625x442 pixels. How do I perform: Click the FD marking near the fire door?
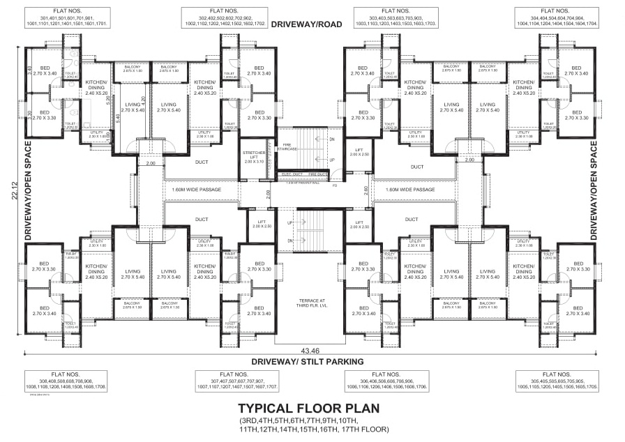[336, 185]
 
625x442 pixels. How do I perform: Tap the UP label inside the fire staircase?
[331, 159]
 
